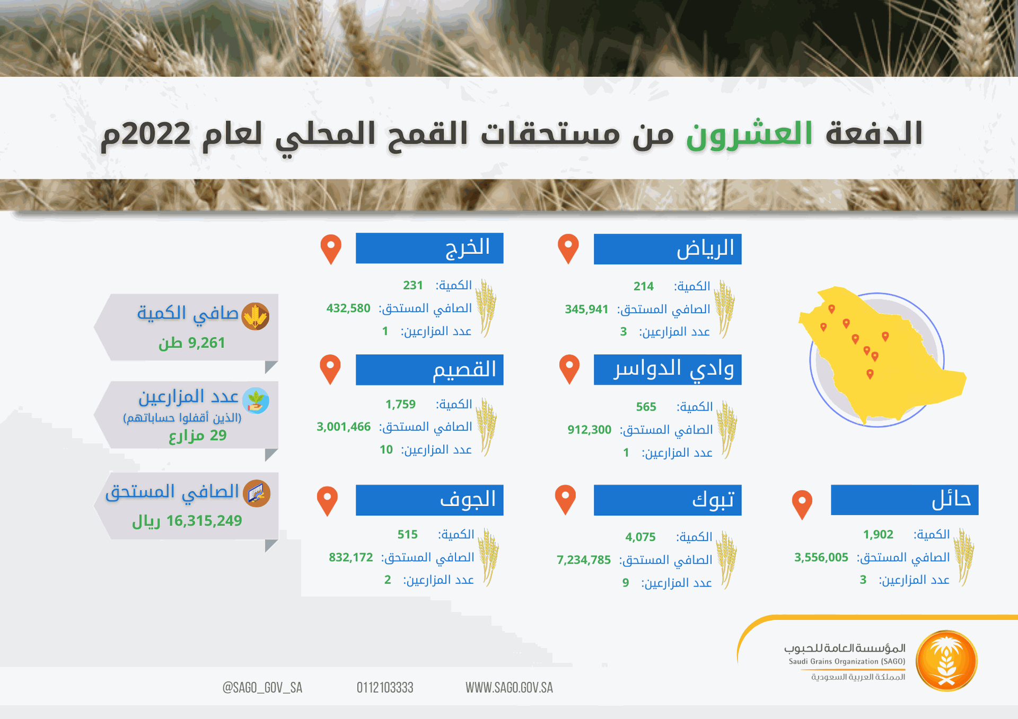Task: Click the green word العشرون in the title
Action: coord(749,134)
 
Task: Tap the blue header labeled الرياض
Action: coord(668,249)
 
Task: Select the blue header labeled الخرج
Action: coord(429,248)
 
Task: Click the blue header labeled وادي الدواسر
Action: coord(668,369)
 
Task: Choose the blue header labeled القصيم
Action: coord(429,369)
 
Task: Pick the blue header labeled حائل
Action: coord(905,500)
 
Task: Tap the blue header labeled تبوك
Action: coord(668,500)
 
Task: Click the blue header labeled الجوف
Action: coord(429,500)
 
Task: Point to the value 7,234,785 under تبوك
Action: coord(584,560)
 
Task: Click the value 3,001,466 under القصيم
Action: coord(344,427)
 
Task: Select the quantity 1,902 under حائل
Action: coord(878,535)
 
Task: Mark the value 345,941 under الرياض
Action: coord(586,309)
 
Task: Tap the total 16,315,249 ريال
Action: coord(187,521)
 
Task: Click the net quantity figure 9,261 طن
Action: coord(192,343)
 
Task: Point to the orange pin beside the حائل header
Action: coord(802,504)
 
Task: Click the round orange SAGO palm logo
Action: coord(946,661)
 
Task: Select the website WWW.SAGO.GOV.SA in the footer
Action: coord(509,688)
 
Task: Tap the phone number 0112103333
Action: coord(385,688)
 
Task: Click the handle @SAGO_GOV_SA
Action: coord(262,688)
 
